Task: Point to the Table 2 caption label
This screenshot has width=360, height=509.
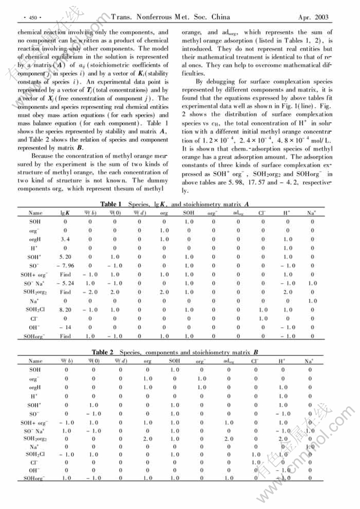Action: tap(103, 352)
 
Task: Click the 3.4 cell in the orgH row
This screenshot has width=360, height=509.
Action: tap(66, 239)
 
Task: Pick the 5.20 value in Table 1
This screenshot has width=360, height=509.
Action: tap(66, 257)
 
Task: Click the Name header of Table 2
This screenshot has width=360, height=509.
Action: tap(35, 360)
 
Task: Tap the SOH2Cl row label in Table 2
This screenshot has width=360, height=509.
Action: tap(35, 454)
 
